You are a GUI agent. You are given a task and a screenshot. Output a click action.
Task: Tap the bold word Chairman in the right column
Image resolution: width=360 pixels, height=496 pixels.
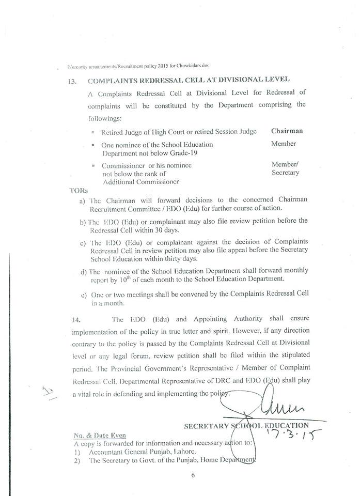[287, 131]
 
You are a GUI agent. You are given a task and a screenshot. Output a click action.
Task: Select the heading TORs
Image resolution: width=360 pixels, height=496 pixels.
[76, 190]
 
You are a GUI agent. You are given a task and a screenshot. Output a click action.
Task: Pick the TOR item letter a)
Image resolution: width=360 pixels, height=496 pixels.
[83, 200]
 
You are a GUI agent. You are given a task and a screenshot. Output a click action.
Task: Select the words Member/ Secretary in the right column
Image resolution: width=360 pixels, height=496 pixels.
[285, 168]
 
